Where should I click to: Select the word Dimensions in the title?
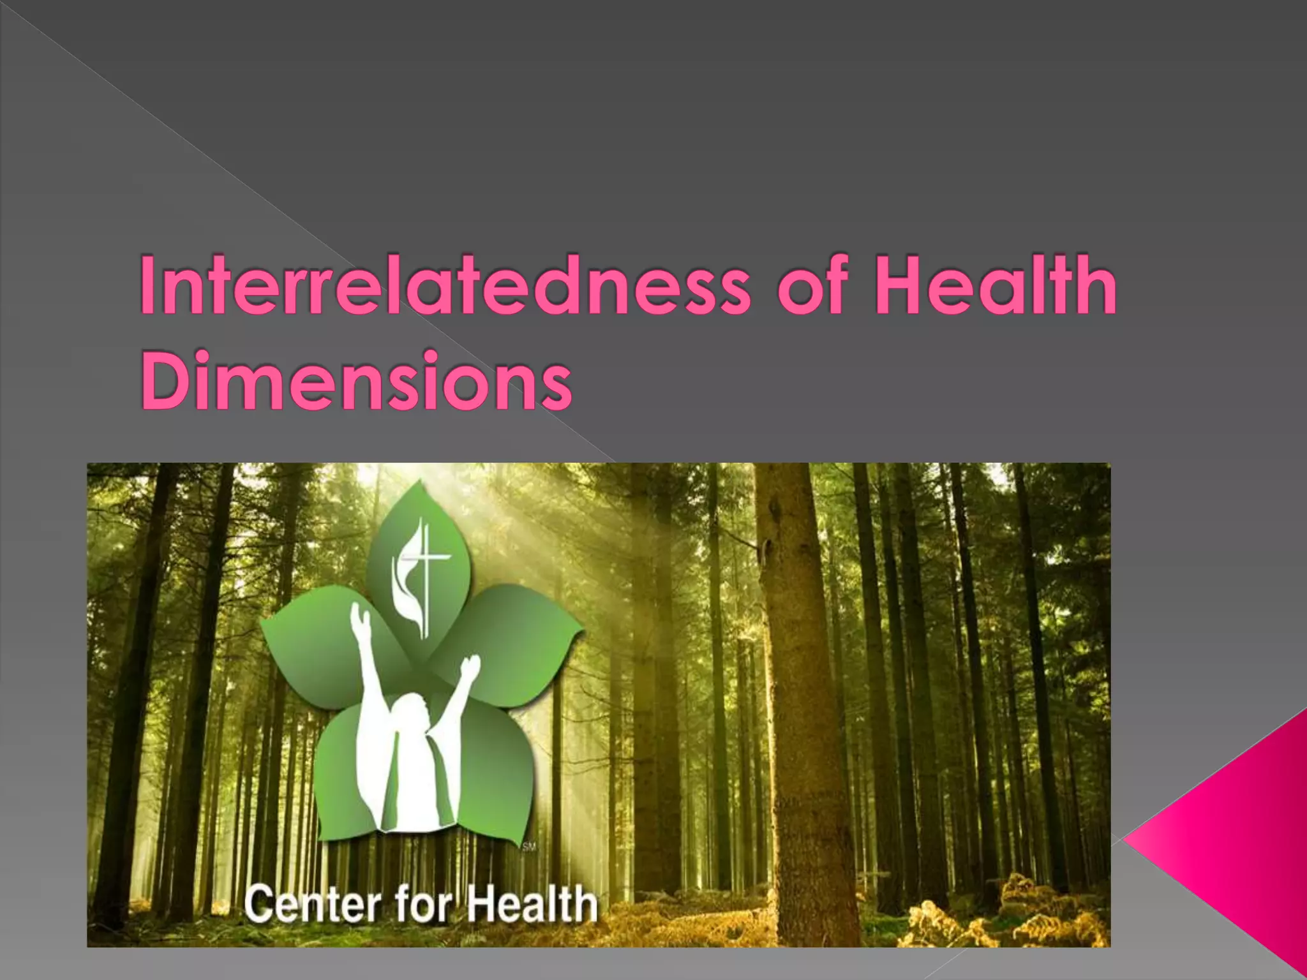tap(355, 381)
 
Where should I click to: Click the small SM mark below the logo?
tap(529, 847)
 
